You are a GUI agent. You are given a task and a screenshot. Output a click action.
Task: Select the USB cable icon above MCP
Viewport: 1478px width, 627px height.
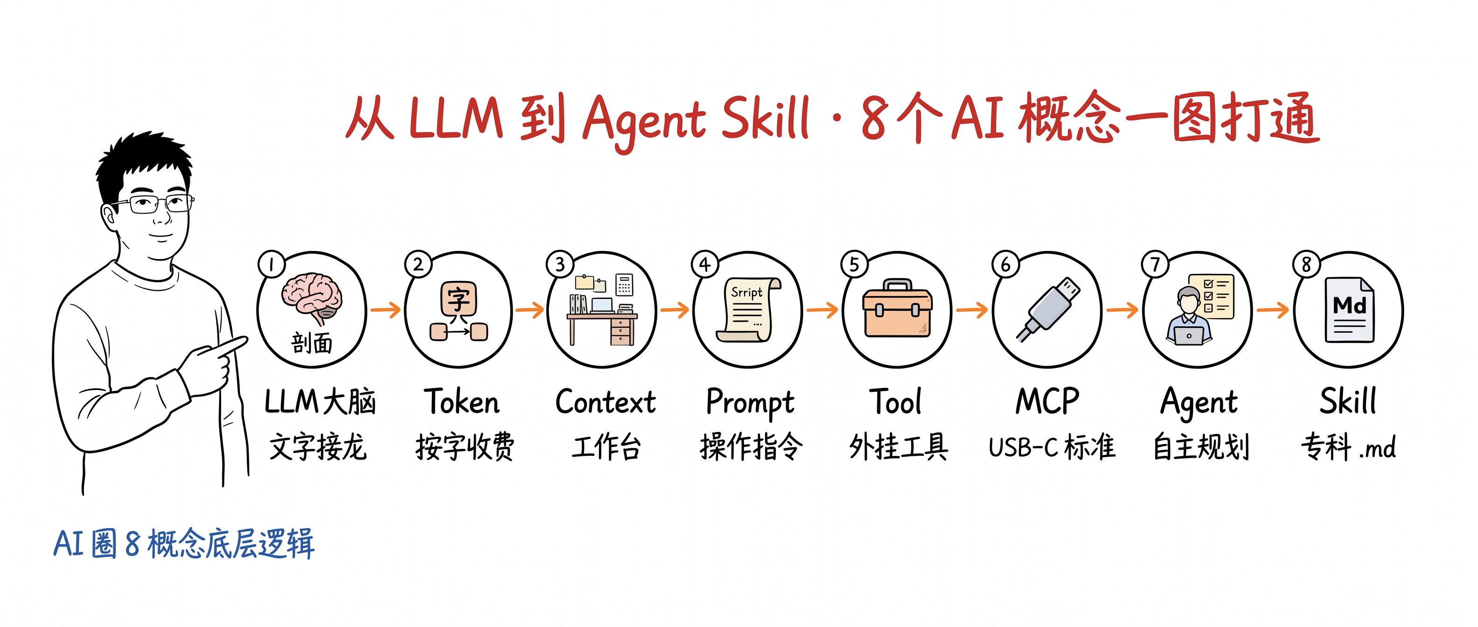[x=1048, y=310]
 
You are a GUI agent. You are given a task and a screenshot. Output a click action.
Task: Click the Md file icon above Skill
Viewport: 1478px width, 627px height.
[x=1350, y=310]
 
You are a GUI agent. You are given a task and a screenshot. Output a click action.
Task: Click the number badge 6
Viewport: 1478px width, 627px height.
[x=1006, y=265]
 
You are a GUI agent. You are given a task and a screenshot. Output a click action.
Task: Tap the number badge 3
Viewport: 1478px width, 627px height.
[x=560, y=265]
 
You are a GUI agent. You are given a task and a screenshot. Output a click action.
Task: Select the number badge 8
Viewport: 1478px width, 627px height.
[x=1306, y=265]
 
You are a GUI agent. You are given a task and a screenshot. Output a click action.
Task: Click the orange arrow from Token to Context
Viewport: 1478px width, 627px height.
[x=530, y=310]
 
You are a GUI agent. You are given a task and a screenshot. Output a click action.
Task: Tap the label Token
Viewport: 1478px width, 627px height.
[x=462, y=401]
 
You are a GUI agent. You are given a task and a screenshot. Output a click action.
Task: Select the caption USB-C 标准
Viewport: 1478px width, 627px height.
[x=1052, y=447]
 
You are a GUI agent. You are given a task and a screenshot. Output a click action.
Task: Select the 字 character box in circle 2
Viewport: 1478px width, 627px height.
[x=459, y=298]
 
